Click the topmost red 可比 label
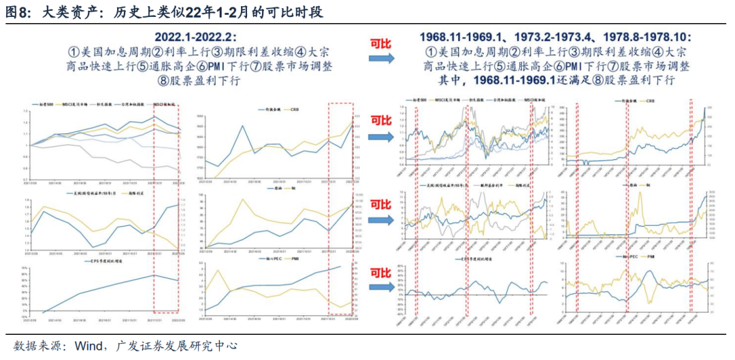pyautogui.click(x=381, y=44)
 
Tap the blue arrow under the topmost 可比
pyautogui.click(x=381, y=59)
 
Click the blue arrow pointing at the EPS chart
pyautogui.click(x=381, y=289)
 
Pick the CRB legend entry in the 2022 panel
pyautogui.click(x=294, y=109)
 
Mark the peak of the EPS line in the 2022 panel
pyautogui.click(x=156, y=274)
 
